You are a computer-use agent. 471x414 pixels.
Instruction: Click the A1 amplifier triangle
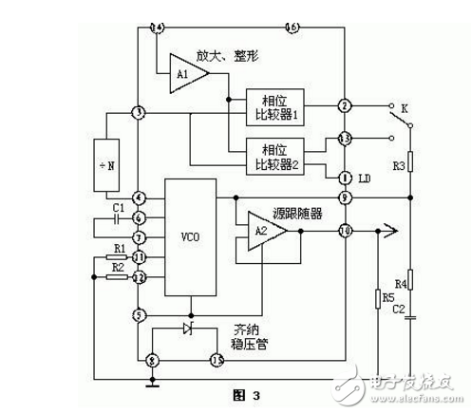click(186, 72)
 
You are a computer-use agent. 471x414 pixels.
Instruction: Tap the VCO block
click(189, 236)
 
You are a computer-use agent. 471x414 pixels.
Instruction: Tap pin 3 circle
click(140, 113)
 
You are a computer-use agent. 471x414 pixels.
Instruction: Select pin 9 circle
click(346, 198)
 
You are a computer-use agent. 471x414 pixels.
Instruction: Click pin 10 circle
click(346, 229)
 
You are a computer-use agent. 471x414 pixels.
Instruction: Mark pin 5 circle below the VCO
click(140, 315)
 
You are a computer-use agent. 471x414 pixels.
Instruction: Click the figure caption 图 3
click(232, 391)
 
